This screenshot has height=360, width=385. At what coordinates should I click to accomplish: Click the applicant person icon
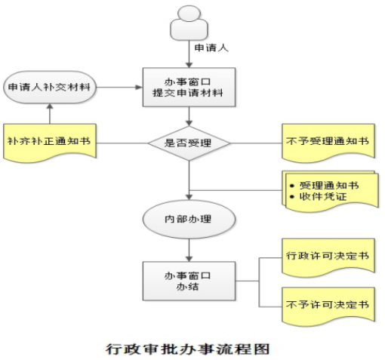click(x=189, y=23)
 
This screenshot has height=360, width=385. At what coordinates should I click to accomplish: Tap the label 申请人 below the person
click(x=211, y=48)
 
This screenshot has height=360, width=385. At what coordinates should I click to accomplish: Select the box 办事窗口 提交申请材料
click(x=189, y=87)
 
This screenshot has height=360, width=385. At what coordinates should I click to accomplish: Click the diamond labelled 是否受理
click(x=189, y=143)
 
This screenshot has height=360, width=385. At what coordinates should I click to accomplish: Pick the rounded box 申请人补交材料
click(x=50, y=87)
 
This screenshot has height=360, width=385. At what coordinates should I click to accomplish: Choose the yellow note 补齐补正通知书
click(x=50, y=143)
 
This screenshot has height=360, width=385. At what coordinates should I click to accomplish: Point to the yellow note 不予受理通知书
click(x=328, y=143)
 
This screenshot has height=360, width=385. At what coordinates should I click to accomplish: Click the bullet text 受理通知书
click(x=329, y=186)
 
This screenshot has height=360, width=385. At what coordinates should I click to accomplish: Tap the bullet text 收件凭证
click(x=323, y=196)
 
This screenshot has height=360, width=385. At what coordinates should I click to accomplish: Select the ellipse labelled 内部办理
click(x=189, y=219)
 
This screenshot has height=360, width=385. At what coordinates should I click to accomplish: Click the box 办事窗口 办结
click(x=189, y=281)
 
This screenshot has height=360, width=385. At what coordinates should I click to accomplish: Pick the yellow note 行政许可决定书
click(x=328, y=257)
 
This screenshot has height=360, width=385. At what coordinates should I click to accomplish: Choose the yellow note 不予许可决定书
click(x=328, y=306)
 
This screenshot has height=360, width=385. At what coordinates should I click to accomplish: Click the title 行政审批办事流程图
click(x=188, y=349)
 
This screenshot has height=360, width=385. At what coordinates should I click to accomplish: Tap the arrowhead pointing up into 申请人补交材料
click(x=50, y=106)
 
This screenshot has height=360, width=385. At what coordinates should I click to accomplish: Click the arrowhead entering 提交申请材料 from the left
click(x=139, y=88)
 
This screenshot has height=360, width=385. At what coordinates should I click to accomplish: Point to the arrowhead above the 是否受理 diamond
click(x=189, y=123)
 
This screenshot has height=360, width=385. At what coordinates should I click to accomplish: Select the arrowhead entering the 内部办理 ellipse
click(x=189, y=197)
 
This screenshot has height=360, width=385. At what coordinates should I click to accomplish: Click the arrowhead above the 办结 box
click(x=189, y=259)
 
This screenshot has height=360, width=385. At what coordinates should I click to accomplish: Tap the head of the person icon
click(x=189, y=13)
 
